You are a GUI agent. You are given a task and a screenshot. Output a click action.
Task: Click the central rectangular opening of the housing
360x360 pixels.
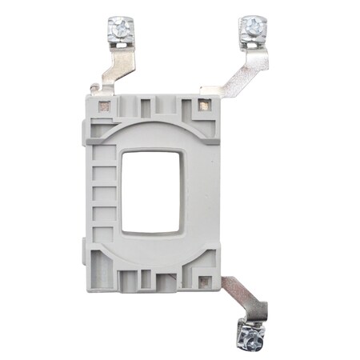point(150,192)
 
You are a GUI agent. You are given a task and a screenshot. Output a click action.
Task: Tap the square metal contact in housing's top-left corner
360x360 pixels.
point(103,105)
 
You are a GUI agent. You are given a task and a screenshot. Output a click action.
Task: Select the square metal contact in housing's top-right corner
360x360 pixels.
point(203,104)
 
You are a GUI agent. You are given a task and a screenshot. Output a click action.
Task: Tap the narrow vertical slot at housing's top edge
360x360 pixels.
point(152,104)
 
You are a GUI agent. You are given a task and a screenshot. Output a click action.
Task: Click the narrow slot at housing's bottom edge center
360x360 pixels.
point(152,281)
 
